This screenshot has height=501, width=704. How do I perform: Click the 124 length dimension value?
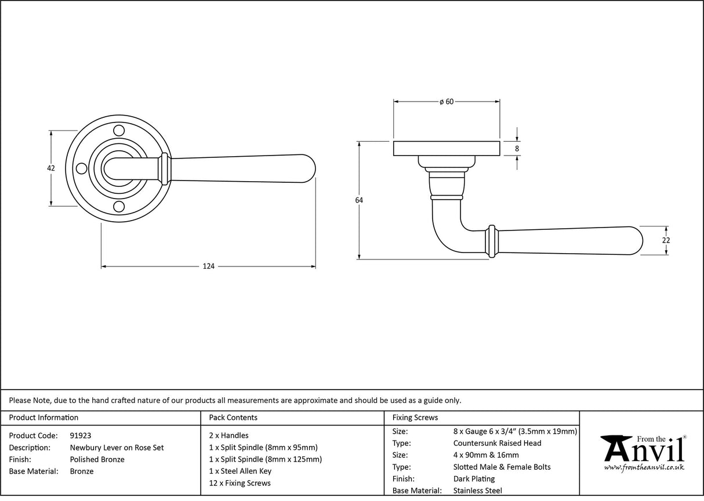point(208,266)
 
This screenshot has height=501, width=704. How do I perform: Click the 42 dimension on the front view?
point(51,168)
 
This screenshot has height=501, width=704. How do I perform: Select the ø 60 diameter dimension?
point(446,102)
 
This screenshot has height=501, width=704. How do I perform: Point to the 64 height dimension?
point(359,200)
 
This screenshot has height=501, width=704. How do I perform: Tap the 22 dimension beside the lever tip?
point(666,240)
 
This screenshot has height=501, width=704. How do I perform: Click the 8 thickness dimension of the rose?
point(517,149)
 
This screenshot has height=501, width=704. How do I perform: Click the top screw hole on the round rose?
point(119,129)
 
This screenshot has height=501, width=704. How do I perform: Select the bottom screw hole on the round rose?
point(119,207)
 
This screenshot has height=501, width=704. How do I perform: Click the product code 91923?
point(80,435)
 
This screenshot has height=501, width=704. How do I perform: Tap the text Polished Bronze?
point(97,459)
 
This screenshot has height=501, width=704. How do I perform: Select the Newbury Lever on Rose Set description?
point(117,448)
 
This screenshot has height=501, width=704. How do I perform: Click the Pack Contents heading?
point(233,417)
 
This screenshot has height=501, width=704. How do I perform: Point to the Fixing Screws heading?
point(415,417)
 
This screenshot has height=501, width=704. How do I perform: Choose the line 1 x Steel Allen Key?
point(240,471)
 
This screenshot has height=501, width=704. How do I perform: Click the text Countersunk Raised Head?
point(497,443)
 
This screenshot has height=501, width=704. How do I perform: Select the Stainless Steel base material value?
point(478,491)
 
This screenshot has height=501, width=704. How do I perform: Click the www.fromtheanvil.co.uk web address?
point(644,467)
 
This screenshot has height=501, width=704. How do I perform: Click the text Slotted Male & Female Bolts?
point(502,467)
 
